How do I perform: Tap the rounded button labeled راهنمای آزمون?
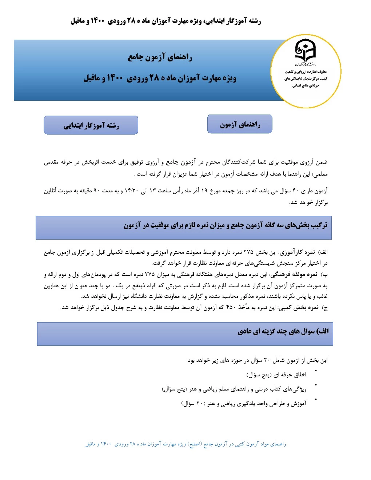click(x=240, y=124)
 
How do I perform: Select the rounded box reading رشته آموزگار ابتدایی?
click(x=91, y=125)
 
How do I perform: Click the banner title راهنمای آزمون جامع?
click(x=160, y=57)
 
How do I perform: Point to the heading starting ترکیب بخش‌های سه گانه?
click(x=225, y=225)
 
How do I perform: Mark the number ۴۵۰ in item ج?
click(x=231, y=308)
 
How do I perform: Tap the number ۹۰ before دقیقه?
click(x=96, y=191)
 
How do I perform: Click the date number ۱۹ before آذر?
click(x=204, y=191)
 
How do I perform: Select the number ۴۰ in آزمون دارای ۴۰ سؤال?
click(x=295, y=191)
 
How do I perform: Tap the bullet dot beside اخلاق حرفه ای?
click(x=316, y=371)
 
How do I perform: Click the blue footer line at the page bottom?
click(x=186, y=444)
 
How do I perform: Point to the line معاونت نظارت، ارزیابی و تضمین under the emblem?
click(x=306, y=72)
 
